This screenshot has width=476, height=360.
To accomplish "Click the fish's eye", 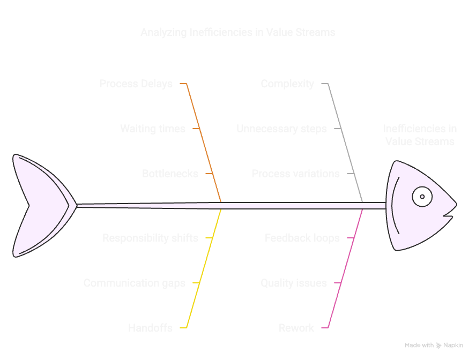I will coord(422,197).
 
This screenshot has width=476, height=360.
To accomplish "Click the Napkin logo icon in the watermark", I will coord(438,346).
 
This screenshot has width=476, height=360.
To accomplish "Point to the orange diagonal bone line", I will coord(204,145).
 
